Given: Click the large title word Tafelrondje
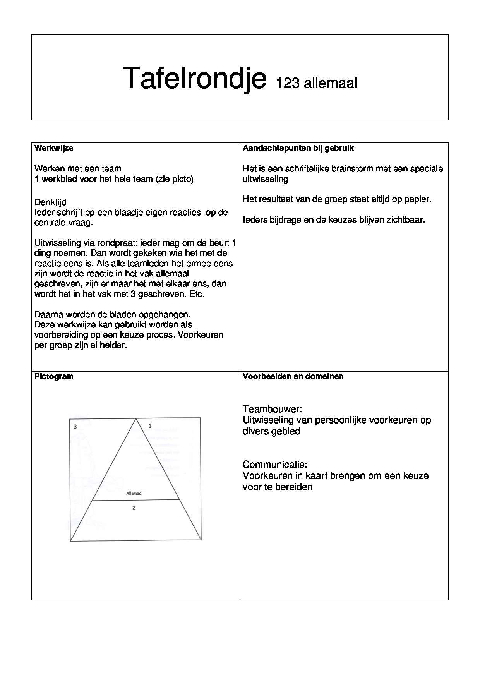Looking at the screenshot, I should tap(194, 79).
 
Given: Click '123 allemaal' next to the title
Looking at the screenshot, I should tap(316, 83).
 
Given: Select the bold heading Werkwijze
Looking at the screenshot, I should tap(54, 148).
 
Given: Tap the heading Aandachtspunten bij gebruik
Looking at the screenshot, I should tap(298, 148).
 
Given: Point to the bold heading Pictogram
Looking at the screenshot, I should tap(54, 376).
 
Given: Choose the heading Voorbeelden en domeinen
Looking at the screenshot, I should tap(293, 376).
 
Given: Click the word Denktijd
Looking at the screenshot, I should tap(50, 202).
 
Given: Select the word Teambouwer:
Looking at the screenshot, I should tap(272, 409).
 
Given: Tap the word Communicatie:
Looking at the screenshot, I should tap(275, 465).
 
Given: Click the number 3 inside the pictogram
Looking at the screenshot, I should tap(75, 427).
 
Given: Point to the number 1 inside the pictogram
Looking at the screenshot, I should tap(150, 426).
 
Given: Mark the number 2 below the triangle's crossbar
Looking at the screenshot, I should tap(134, 508).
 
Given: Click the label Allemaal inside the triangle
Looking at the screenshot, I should tap(134, 494).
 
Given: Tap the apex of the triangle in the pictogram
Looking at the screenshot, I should tap(136, 418).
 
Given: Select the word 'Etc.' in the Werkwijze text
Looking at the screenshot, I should tap(197, 294).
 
